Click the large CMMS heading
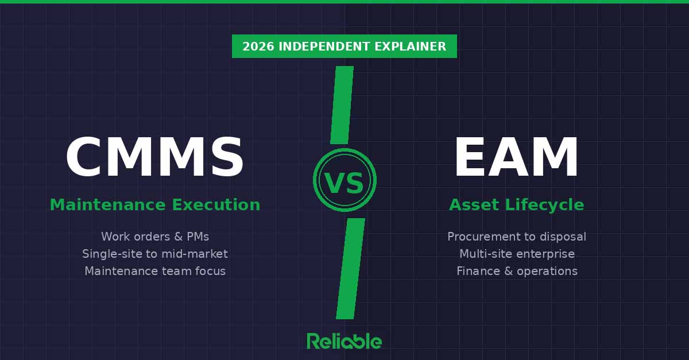tap(154, 158)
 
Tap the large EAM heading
tap(516, 158)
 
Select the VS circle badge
tap(344, 180)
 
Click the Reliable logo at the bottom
tap(344, 341)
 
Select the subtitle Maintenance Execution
tap(154, 205)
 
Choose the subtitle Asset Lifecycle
tap(516, 205)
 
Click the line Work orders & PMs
tap(154, 237)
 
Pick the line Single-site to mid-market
tap(154, 254)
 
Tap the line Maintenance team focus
tap(154, 271)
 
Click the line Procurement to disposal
tap(516, 237)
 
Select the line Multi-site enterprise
tap(516, 254)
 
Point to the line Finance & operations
tap(516, 271)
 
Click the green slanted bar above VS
tap(342, 105)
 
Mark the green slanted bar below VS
tap(350, 268)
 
